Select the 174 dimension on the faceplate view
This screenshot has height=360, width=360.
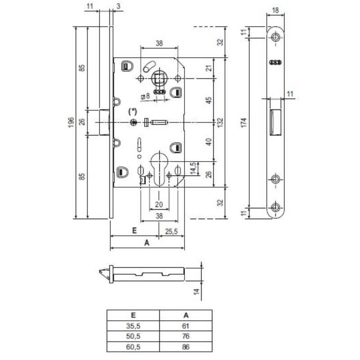244,123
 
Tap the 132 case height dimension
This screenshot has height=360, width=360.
220,121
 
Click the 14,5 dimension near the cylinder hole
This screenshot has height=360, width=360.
193,168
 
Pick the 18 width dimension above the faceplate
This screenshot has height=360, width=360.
275,10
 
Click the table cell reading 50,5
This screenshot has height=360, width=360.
133,336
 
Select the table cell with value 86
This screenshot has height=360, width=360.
186,347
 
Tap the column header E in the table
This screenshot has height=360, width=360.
133,315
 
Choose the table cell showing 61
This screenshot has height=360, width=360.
186,326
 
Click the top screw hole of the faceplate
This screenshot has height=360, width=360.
276,38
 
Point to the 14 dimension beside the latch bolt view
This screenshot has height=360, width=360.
196,292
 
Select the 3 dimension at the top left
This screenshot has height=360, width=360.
117,6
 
